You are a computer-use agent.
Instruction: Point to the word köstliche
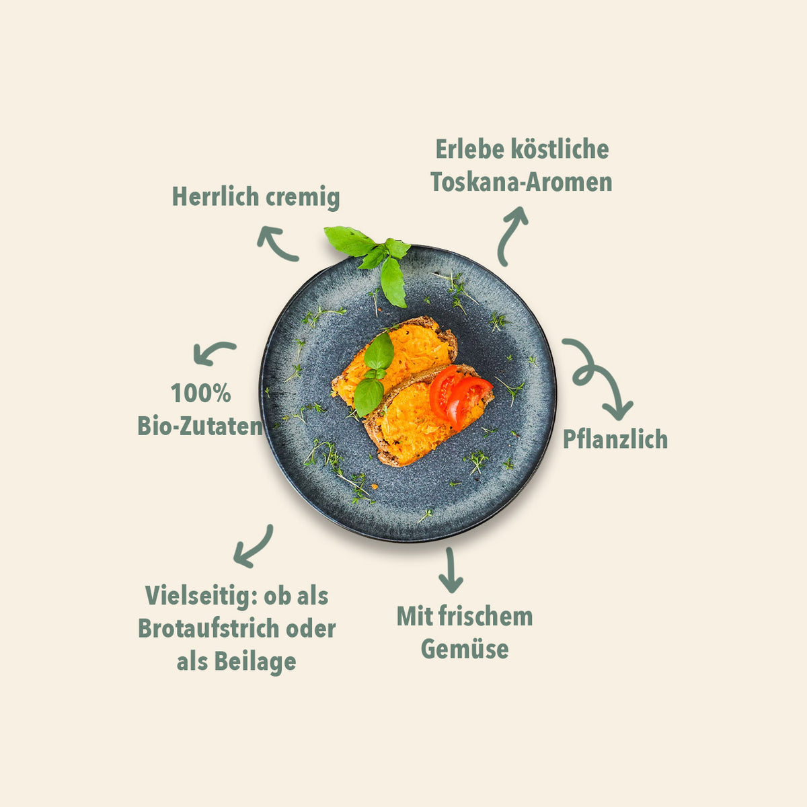pos(560,149)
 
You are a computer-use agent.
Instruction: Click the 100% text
pos(201,393)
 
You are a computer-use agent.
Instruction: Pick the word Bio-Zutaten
pos(200,426)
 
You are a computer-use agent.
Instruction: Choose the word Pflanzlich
pos(615,439)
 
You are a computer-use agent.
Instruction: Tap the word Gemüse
pos(465,650)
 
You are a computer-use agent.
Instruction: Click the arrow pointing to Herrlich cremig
pos(276,243)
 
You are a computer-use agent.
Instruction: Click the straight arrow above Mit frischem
pos(450,570)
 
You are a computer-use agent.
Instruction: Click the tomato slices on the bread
pos(459,396)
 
